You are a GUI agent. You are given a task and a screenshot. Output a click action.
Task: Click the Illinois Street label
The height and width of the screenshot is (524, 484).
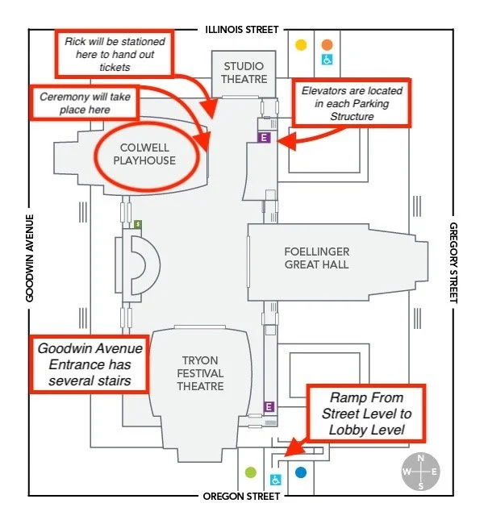pos(241,30)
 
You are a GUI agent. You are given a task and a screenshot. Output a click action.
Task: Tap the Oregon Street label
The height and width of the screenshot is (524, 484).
pos(242,497)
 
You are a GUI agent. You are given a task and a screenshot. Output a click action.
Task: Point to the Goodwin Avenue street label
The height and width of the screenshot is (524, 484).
pos(30,259)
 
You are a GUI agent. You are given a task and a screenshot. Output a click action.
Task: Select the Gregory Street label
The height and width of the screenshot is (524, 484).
pos(453,263)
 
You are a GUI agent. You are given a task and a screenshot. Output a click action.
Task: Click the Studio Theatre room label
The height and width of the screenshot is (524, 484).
pos(244,73)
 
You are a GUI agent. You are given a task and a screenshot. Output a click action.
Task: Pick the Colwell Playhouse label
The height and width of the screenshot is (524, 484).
pos(148,154)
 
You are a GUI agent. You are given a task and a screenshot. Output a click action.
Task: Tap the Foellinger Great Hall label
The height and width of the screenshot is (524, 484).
pos(317,258)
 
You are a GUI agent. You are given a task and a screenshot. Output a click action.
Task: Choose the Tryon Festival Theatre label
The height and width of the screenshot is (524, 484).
pos(200,373)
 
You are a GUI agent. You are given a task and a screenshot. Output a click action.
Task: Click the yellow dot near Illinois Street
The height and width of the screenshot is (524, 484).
pos(301,45)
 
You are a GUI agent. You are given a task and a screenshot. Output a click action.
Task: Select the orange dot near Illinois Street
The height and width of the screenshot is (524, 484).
pos(328,45)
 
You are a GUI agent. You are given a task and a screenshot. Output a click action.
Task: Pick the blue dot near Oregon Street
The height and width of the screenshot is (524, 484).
pos(301,472)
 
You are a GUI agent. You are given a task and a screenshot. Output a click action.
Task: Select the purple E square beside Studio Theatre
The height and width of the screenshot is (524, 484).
pos(262,138)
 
